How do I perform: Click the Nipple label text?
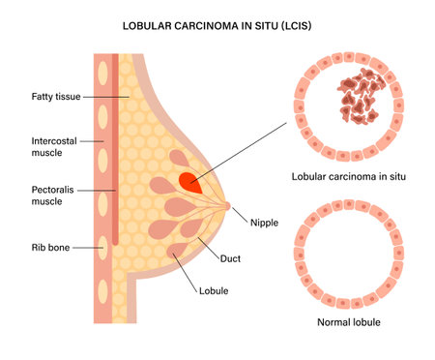click(263, 222)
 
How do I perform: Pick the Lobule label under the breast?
click(214, 289)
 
